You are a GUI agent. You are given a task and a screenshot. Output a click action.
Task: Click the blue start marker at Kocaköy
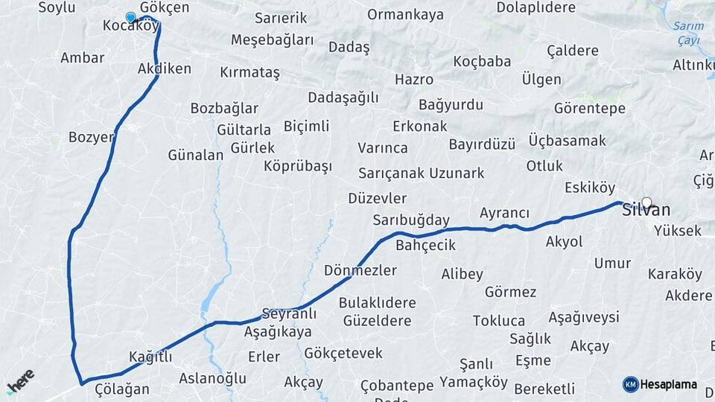131,17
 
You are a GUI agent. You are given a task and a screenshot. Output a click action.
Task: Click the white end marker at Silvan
646,202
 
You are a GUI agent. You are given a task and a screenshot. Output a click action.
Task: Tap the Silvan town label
646,210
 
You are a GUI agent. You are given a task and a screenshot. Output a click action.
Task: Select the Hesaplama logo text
668,384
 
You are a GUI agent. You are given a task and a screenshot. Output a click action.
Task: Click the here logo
21,381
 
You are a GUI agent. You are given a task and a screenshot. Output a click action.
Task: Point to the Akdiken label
165,68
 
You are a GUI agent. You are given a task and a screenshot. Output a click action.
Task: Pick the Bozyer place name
91,137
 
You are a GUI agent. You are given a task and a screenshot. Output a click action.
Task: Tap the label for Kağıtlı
150,357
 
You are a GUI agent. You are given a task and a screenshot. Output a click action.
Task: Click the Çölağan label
117,389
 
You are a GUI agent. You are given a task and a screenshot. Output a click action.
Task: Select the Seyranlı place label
289,314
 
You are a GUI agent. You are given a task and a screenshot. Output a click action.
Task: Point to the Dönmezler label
360,270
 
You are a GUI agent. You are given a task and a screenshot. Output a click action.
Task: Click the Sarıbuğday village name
411,220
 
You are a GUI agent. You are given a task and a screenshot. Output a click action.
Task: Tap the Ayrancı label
504,213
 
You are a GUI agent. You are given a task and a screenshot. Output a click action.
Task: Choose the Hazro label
414,79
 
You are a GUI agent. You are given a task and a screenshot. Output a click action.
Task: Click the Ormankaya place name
405,15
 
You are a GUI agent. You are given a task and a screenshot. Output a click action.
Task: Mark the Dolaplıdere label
536,7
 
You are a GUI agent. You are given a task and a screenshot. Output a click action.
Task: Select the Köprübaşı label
298,166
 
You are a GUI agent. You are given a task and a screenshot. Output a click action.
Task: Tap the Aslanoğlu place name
212,378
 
